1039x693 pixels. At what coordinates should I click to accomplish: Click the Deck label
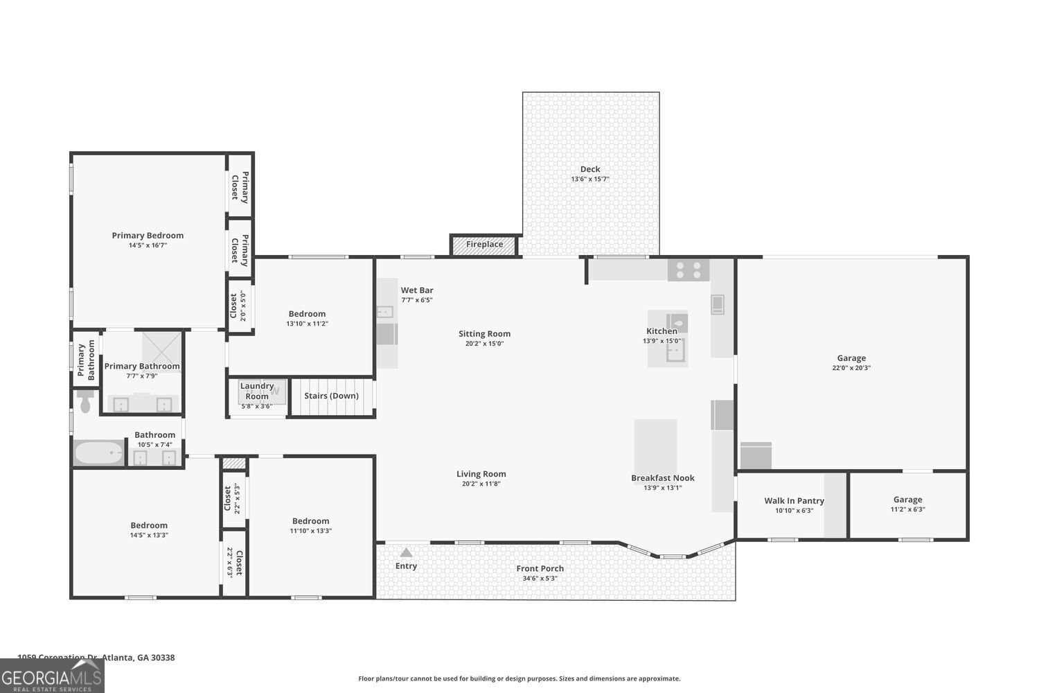point(590,169)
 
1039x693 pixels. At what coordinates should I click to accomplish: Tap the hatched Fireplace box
point(484,245)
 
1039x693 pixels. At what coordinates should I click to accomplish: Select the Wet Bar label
point(417,290)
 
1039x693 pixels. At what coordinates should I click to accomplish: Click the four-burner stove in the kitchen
point(689,270)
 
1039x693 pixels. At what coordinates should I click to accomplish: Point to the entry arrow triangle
point(406,552)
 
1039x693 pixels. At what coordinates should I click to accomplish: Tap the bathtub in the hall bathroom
point(98,453)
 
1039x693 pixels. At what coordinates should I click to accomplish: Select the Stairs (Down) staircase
point(332,396)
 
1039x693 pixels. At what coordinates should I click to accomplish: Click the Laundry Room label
point(257,391)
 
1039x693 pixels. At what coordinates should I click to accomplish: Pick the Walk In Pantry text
point(794,500)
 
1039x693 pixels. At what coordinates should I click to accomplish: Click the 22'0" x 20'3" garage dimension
point(851,368)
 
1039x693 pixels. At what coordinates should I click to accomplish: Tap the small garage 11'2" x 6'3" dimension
point(907,509)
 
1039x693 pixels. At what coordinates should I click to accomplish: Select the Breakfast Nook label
point(662,477)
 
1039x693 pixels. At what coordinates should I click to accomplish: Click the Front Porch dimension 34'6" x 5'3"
point(540,578)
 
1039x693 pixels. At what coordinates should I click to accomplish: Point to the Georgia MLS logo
point(51,676)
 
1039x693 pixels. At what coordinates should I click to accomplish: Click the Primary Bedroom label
point(148,236)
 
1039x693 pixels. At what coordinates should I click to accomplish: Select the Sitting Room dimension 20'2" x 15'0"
point(484,343)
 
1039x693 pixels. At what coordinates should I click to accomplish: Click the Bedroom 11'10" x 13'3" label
point(310,521)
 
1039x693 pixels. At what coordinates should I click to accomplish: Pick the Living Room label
point(481,474)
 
